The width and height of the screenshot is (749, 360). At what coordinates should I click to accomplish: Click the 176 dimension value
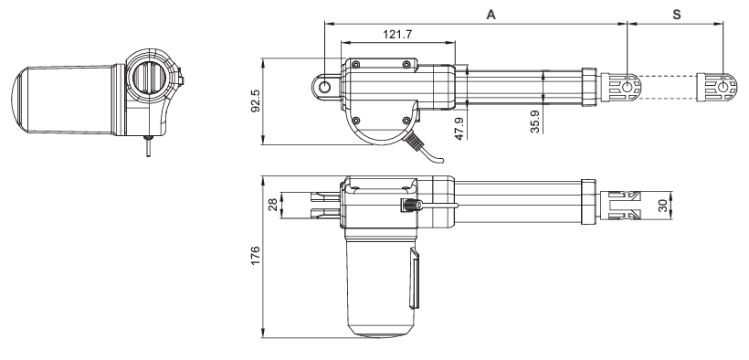click(x=255, y=257)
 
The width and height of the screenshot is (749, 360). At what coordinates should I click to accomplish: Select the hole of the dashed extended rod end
click(x=723, y=88)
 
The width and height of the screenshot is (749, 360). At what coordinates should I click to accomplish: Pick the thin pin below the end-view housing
click(x=143, y=146)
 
